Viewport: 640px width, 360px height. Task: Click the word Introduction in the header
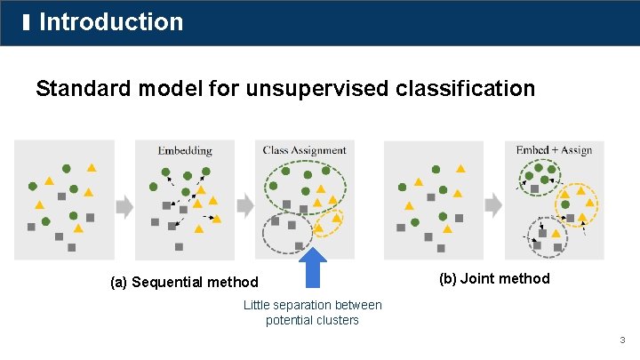point(111,22)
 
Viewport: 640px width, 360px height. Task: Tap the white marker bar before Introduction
point(28,21)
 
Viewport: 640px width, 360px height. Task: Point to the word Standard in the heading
point(80,89)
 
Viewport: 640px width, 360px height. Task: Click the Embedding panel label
point(185,150)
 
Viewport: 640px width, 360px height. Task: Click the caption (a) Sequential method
point(184,283)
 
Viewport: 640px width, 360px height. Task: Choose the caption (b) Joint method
point(494,279)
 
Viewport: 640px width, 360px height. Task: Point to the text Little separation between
point(312,305)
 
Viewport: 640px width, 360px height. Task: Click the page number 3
point(623,340)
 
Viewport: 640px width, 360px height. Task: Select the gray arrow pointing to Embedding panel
point(124,206)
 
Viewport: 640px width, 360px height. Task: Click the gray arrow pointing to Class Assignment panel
point(244,206)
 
